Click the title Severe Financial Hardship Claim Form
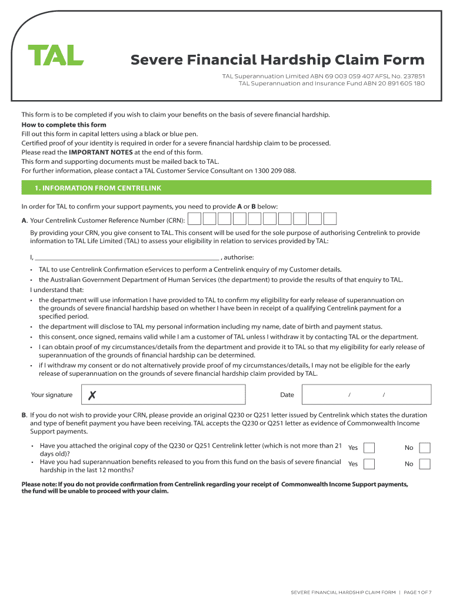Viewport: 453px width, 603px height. [277, 60]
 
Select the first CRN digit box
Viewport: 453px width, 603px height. [194, 220]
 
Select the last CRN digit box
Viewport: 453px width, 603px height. [330, 220]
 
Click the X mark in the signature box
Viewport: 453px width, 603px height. [92, 395]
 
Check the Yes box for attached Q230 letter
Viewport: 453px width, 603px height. [369, 448]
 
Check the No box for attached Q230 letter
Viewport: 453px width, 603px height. [424, 448]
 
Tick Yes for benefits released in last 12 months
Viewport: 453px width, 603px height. [369, 464]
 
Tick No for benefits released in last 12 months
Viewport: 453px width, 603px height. [424, 464]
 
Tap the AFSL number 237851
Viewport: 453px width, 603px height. [411, 77]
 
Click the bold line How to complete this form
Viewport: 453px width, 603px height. [64, 125]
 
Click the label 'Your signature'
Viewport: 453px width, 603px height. [52, 395]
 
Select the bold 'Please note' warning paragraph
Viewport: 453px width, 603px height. [215, 488]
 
